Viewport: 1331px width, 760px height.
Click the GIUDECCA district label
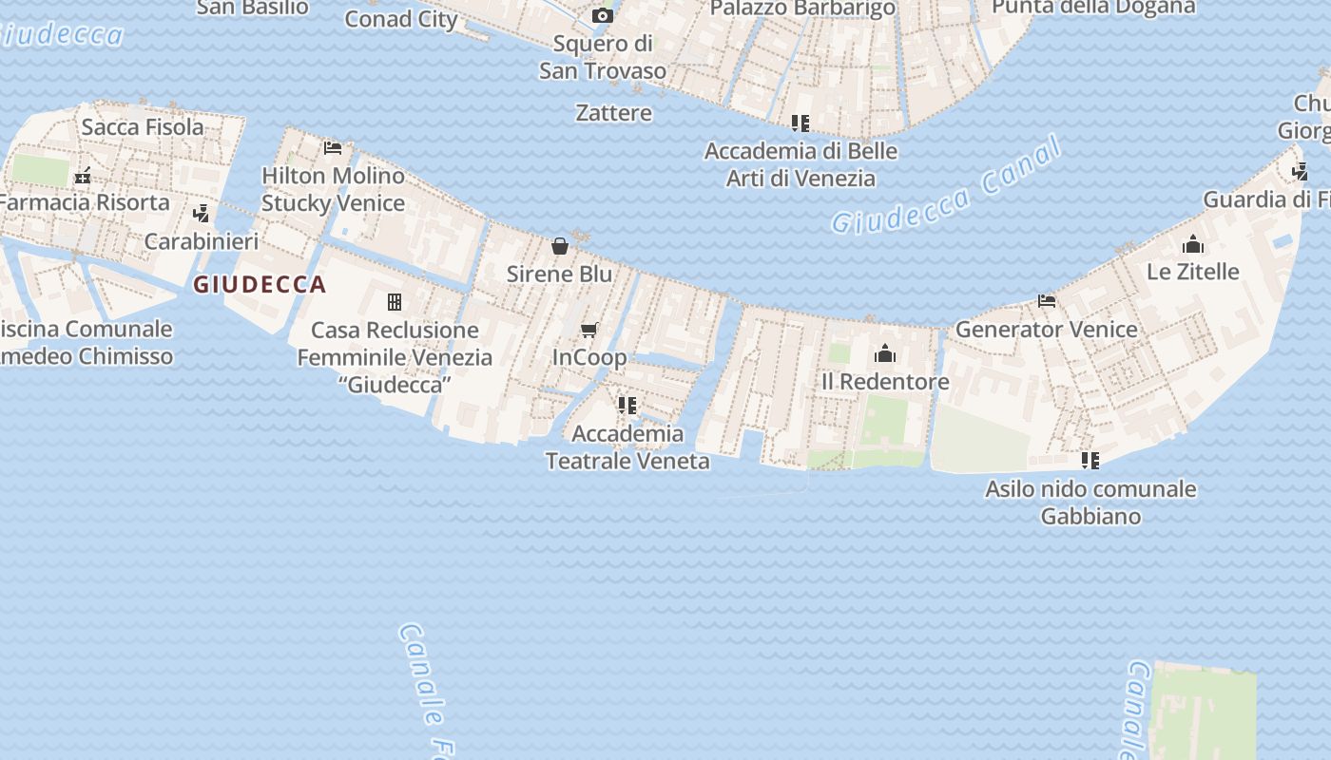[x=260, y=284]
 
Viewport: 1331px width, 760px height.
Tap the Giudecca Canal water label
[x=946, y=186]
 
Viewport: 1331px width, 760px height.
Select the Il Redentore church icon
[x=885, y=354]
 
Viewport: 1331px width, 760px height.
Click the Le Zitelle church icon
[x=1193, y=245]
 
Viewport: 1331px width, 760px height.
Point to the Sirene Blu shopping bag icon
[x=560, y=247]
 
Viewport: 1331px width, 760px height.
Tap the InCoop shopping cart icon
[x=589, y=331]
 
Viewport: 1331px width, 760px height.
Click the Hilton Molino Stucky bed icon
[x=333, y=148]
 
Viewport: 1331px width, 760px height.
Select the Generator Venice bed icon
[x=1047, y=302]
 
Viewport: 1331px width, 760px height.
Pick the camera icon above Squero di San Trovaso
[x=602, y=16]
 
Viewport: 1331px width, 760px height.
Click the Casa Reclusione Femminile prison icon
[x=395, y=303]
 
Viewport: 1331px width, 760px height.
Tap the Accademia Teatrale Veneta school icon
[x=627, y=406]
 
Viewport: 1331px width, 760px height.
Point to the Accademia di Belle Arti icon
[x=801, y=123]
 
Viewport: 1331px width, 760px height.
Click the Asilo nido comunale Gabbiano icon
[x=1090, y=461]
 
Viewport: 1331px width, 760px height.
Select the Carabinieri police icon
[x=201, y=214]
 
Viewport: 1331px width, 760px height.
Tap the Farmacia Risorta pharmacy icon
[x=84, y=175]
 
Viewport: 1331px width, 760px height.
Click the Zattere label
[x=614, y=113]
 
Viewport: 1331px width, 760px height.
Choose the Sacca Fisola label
[x=143, y=127]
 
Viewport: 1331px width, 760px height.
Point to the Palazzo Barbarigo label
[x=803, y=9]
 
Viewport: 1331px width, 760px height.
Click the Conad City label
[x=401, y=19]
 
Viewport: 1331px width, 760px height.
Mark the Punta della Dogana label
[x=1093, y=7]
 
